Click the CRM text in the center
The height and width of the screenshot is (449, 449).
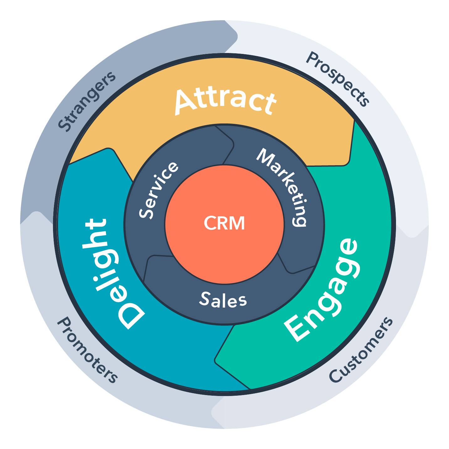click(224, 223)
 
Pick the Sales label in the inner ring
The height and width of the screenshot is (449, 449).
click(223, 300)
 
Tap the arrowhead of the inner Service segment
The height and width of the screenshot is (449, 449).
click(232, 146)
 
